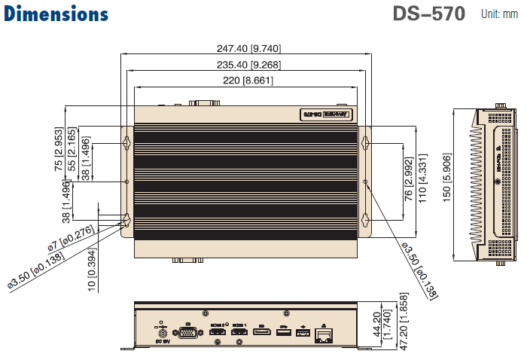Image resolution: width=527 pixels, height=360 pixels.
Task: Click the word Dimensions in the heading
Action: (56, 14)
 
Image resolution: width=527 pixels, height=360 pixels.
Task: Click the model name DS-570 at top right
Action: (428, 14)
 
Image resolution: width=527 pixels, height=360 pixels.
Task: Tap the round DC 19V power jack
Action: (160, 331)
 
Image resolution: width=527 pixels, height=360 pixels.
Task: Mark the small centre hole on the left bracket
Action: (126, 182)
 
